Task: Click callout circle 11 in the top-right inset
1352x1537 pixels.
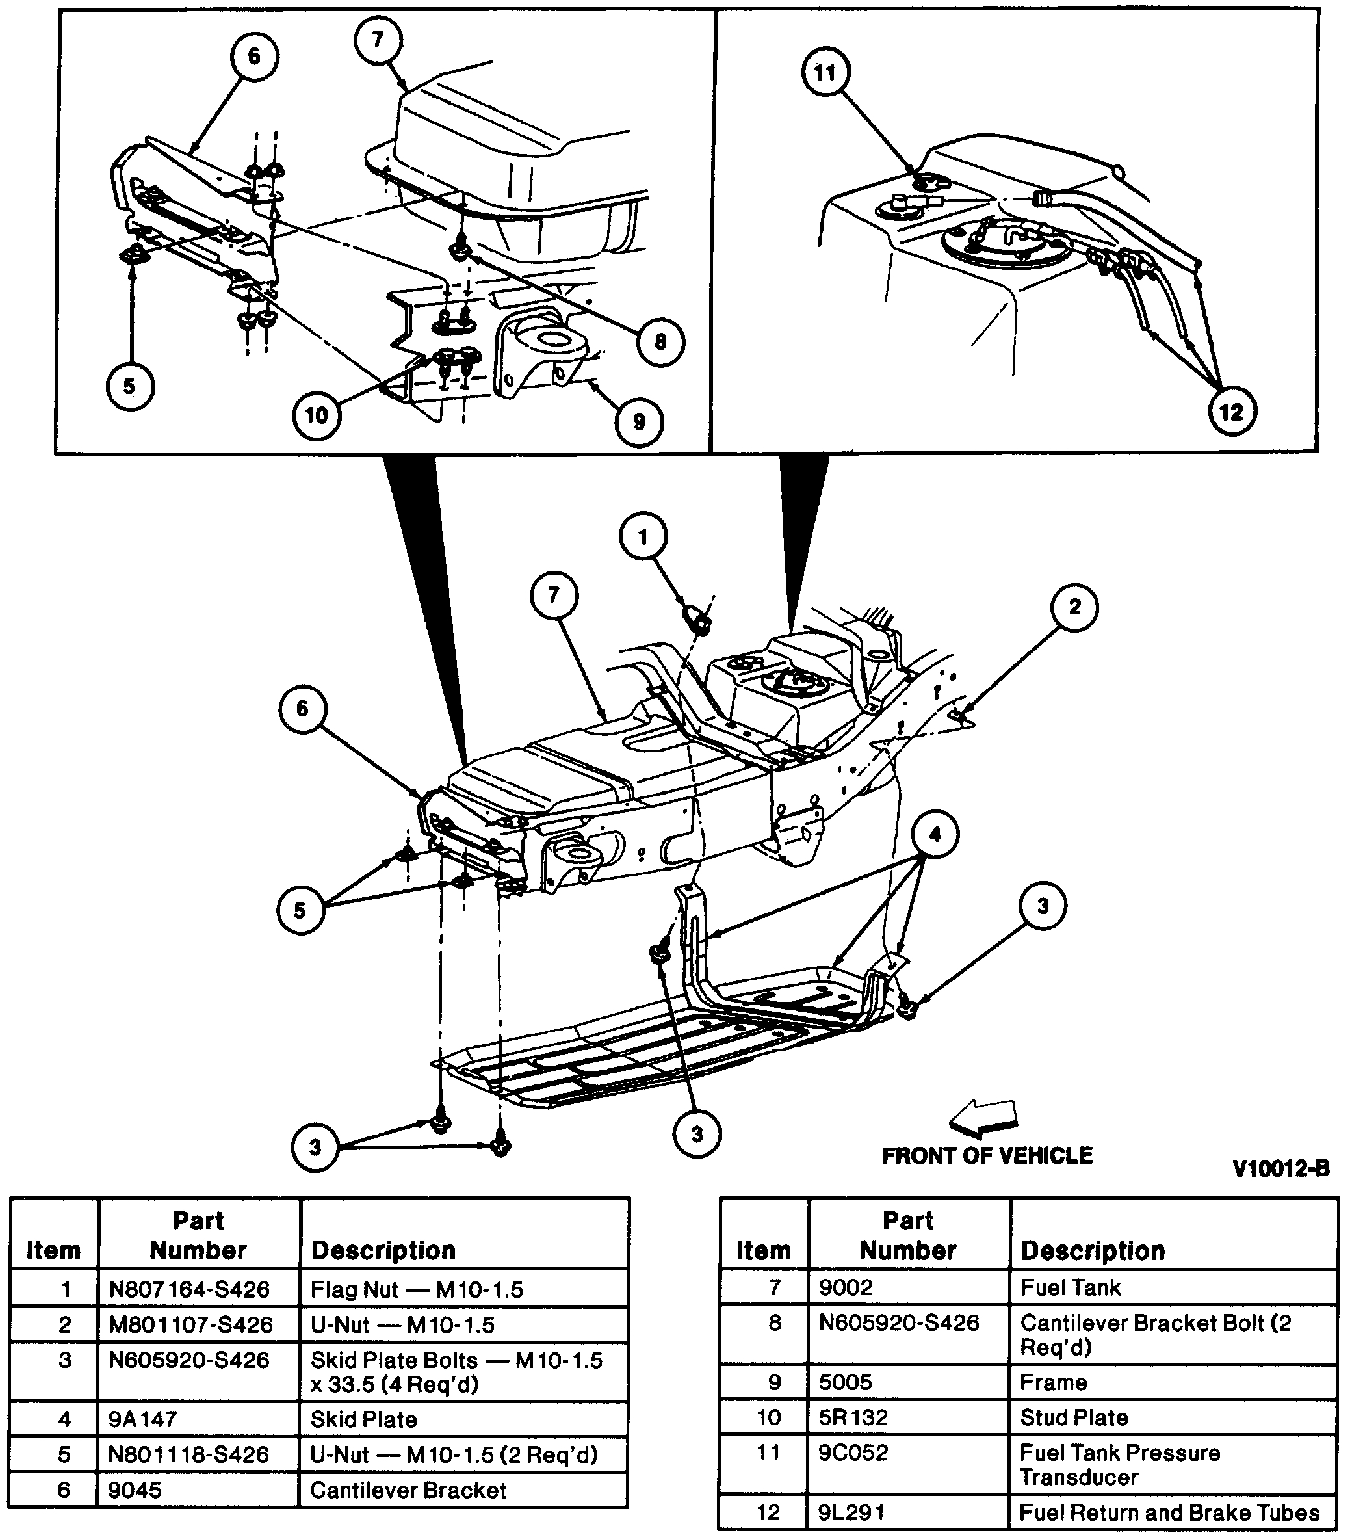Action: (825, 72)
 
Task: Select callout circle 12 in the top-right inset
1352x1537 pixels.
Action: (1232, 412)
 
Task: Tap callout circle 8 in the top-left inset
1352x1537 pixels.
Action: (660, 342)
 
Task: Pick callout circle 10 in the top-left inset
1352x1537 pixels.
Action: (317, 414)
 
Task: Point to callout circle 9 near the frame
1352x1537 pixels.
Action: (638, 421)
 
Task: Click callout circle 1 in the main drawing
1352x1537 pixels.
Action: (643, 536)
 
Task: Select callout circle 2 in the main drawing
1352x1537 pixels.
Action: (1074, 607)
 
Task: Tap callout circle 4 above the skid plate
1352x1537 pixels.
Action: (935, 835)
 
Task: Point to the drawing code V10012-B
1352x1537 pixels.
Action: (1280, 1168)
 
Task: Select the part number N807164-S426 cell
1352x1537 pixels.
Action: (188, 1289)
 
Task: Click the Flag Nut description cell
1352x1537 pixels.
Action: (417, 1289)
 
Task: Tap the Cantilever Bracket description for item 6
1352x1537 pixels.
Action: (408, 1490)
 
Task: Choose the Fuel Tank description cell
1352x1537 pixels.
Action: (1070, 1287)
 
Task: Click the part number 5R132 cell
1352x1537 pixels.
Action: (853, 1417)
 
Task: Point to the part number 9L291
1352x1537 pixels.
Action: (851, 1512)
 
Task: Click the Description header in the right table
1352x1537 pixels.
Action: (1093, 1250)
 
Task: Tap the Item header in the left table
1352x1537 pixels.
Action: (53, 1250)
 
